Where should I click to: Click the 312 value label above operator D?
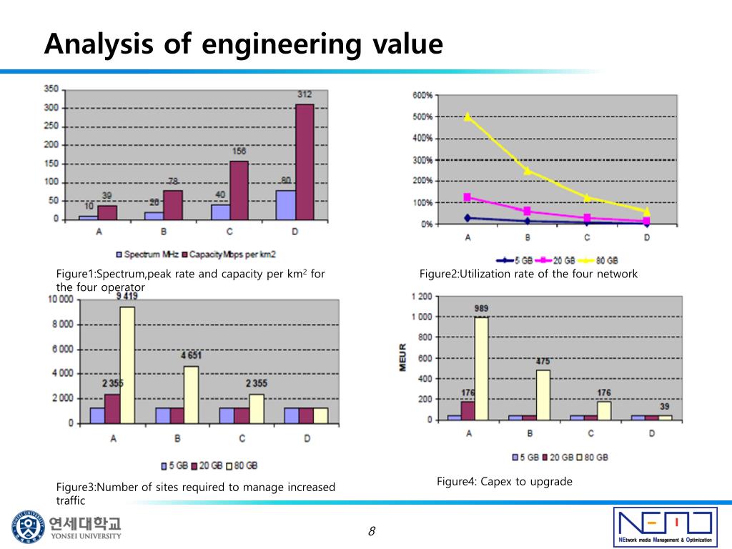pyautogui.click(x=305, y=95)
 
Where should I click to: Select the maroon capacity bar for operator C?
pyautogui.click(x=239, y=190)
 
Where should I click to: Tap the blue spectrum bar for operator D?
pyautogui.click(x=285, y=204)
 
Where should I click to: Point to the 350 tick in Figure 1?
pyautogui.click(x=51, y=89)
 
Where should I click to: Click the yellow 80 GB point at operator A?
pyautogui.click(x=468, y=117)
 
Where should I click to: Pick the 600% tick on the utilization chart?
pyautogui.click(x=422, y=96)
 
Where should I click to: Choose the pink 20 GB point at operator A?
pyautogui.click(x=468, y=197)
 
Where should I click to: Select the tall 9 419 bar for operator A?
pyautogui.click(x=127, y=365)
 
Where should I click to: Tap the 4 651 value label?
pyautogui.click(x=191, y=355)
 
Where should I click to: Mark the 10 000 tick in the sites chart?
pyautogui.click(x=60, y=300)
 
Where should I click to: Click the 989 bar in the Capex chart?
pyautogui.click(x=482, y=367)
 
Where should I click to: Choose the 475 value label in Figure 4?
pyautogui.click(x=543, y=362)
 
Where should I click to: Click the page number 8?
pyautogui.click(x=372, y=530)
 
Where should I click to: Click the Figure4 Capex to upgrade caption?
pyautogui.click(x=505, y=482)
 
